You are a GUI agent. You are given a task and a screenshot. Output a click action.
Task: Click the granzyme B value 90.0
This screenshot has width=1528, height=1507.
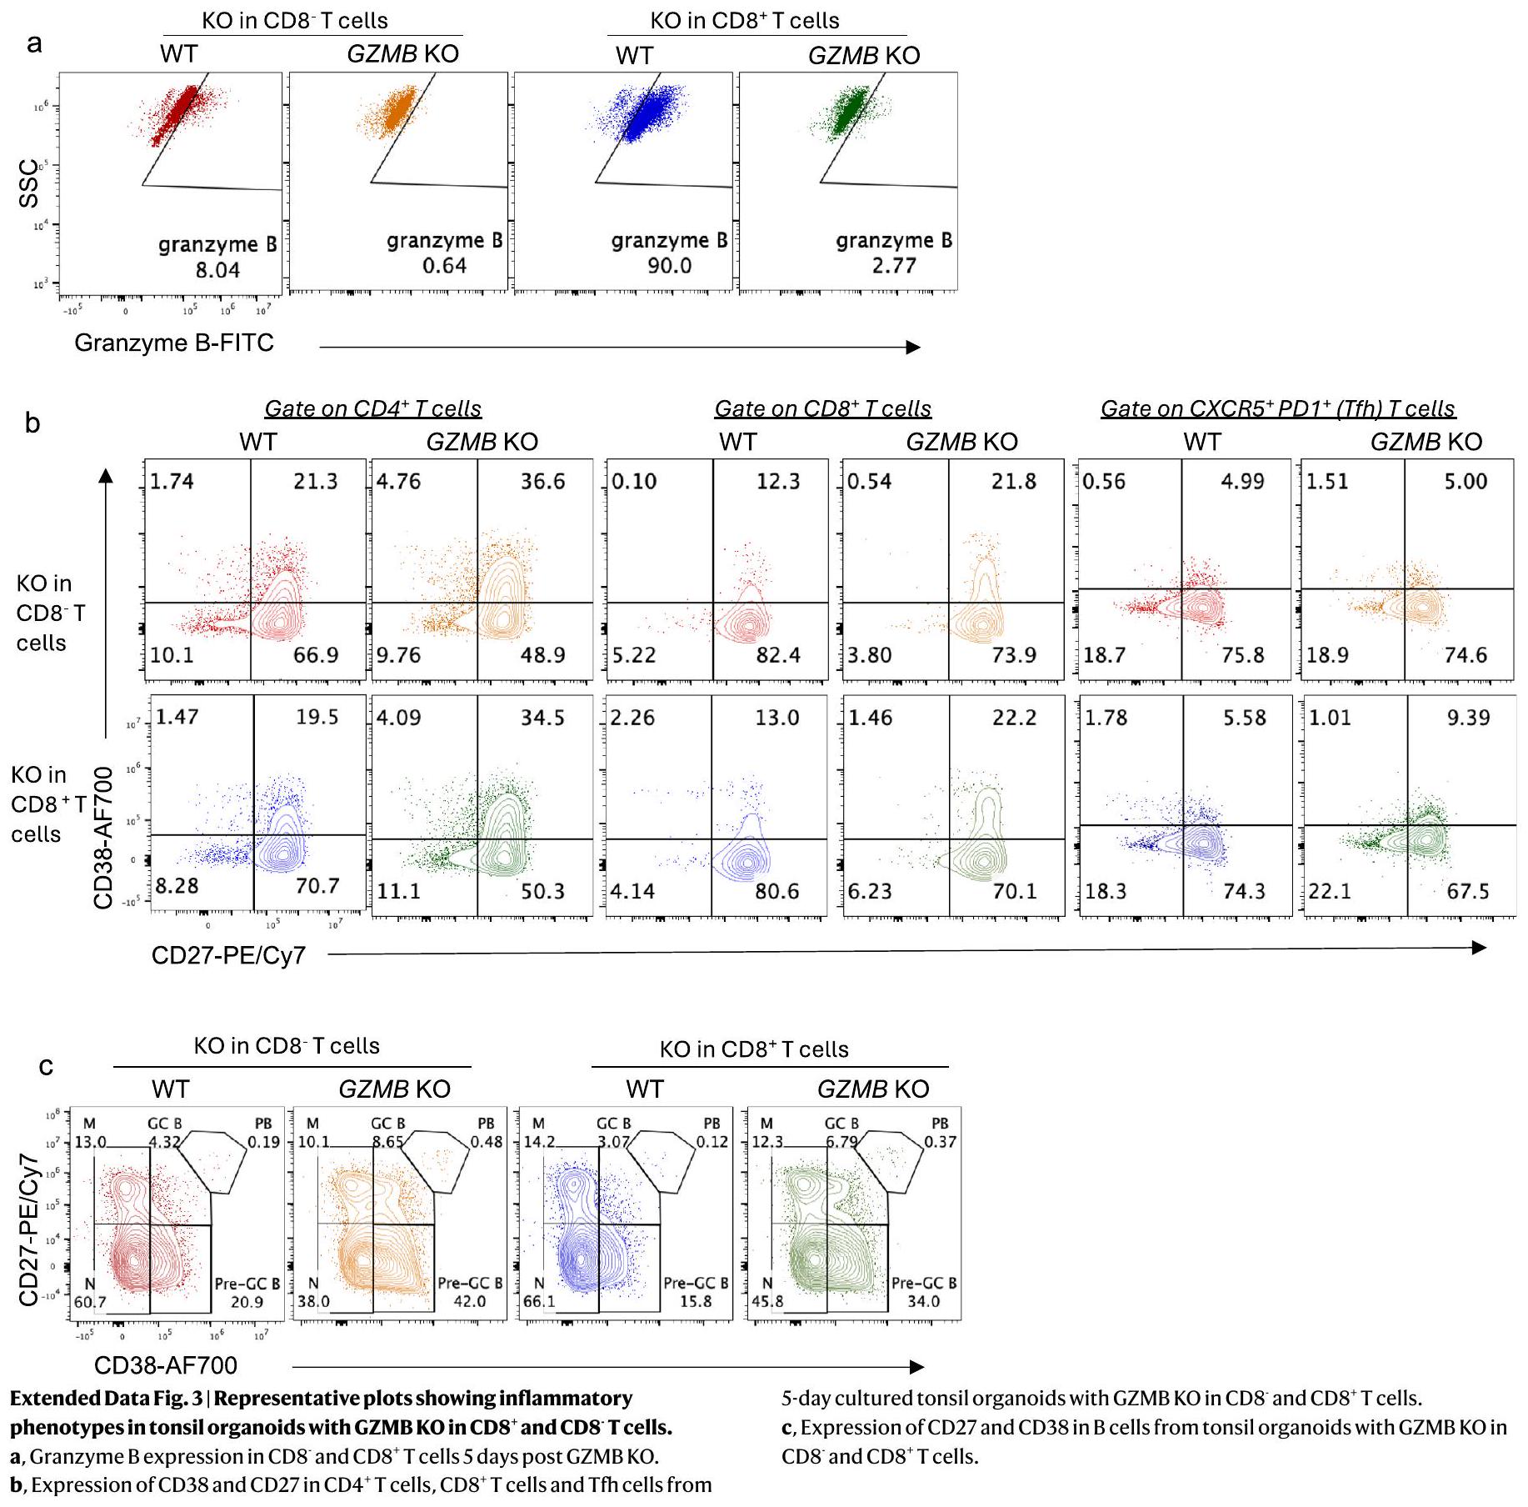(669, 266)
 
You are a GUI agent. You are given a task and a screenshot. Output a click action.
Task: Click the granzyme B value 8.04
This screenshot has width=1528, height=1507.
(217, 270)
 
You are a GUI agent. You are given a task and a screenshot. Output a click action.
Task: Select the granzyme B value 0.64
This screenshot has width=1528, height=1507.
(444, 266)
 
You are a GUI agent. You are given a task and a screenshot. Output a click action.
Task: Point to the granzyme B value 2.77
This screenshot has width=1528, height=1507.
(894, 266)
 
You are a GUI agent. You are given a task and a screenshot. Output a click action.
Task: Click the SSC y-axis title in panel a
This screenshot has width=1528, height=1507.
(28, 183)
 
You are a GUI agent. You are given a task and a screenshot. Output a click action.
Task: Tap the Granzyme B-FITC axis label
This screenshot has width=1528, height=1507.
(174, 343)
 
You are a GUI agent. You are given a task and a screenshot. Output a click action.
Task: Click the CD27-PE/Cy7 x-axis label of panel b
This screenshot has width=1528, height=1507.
(228, 955)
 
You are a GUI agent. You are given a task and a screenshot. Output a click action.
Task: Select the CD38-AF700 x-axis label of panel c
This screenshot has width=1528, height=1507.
(166, 1365)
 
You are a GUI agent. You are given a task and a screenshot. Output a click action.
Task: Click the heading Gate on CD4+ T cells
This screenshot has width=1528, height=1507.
(372, 408)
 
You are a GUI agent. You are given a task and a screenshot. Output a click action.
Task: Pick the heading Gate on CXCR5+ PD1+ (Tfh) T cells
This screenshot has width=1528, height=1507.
(1277, 408)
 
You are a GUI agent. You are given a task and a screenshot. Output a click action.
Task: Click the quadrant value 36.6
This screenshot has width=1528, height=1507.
(542, 482)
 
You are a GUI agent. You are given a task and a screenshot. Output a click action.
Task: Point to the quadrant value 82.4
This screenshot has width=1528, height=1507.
(777, 655)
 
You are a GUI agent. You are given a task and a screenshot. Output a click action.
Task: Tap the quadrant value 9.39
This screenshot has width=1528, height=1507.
(1468, 718)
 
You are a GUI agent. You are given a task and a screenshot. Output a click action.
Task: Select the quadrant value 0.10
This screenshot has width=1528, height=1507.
(634, 482)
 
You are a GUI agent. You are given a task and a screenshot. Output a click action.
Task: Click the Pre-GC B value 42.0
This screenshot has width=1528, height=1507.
(469, 1301)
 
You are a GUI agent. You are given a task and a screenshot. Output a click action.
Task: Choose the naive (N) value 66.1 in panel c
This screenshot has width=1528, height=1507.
(539, 1301)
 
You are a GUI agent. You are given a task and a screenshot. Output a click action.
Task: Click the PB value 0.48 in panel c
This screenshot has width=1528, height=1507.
(487, 1142)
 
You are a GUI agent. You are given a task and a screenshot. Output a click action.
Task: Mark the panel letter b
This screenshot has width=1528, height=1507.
(32, 423)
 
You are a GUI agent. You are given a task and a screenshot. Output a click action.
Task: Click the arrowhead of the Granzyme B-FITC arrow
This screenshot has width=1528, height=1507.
(914, 348)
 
